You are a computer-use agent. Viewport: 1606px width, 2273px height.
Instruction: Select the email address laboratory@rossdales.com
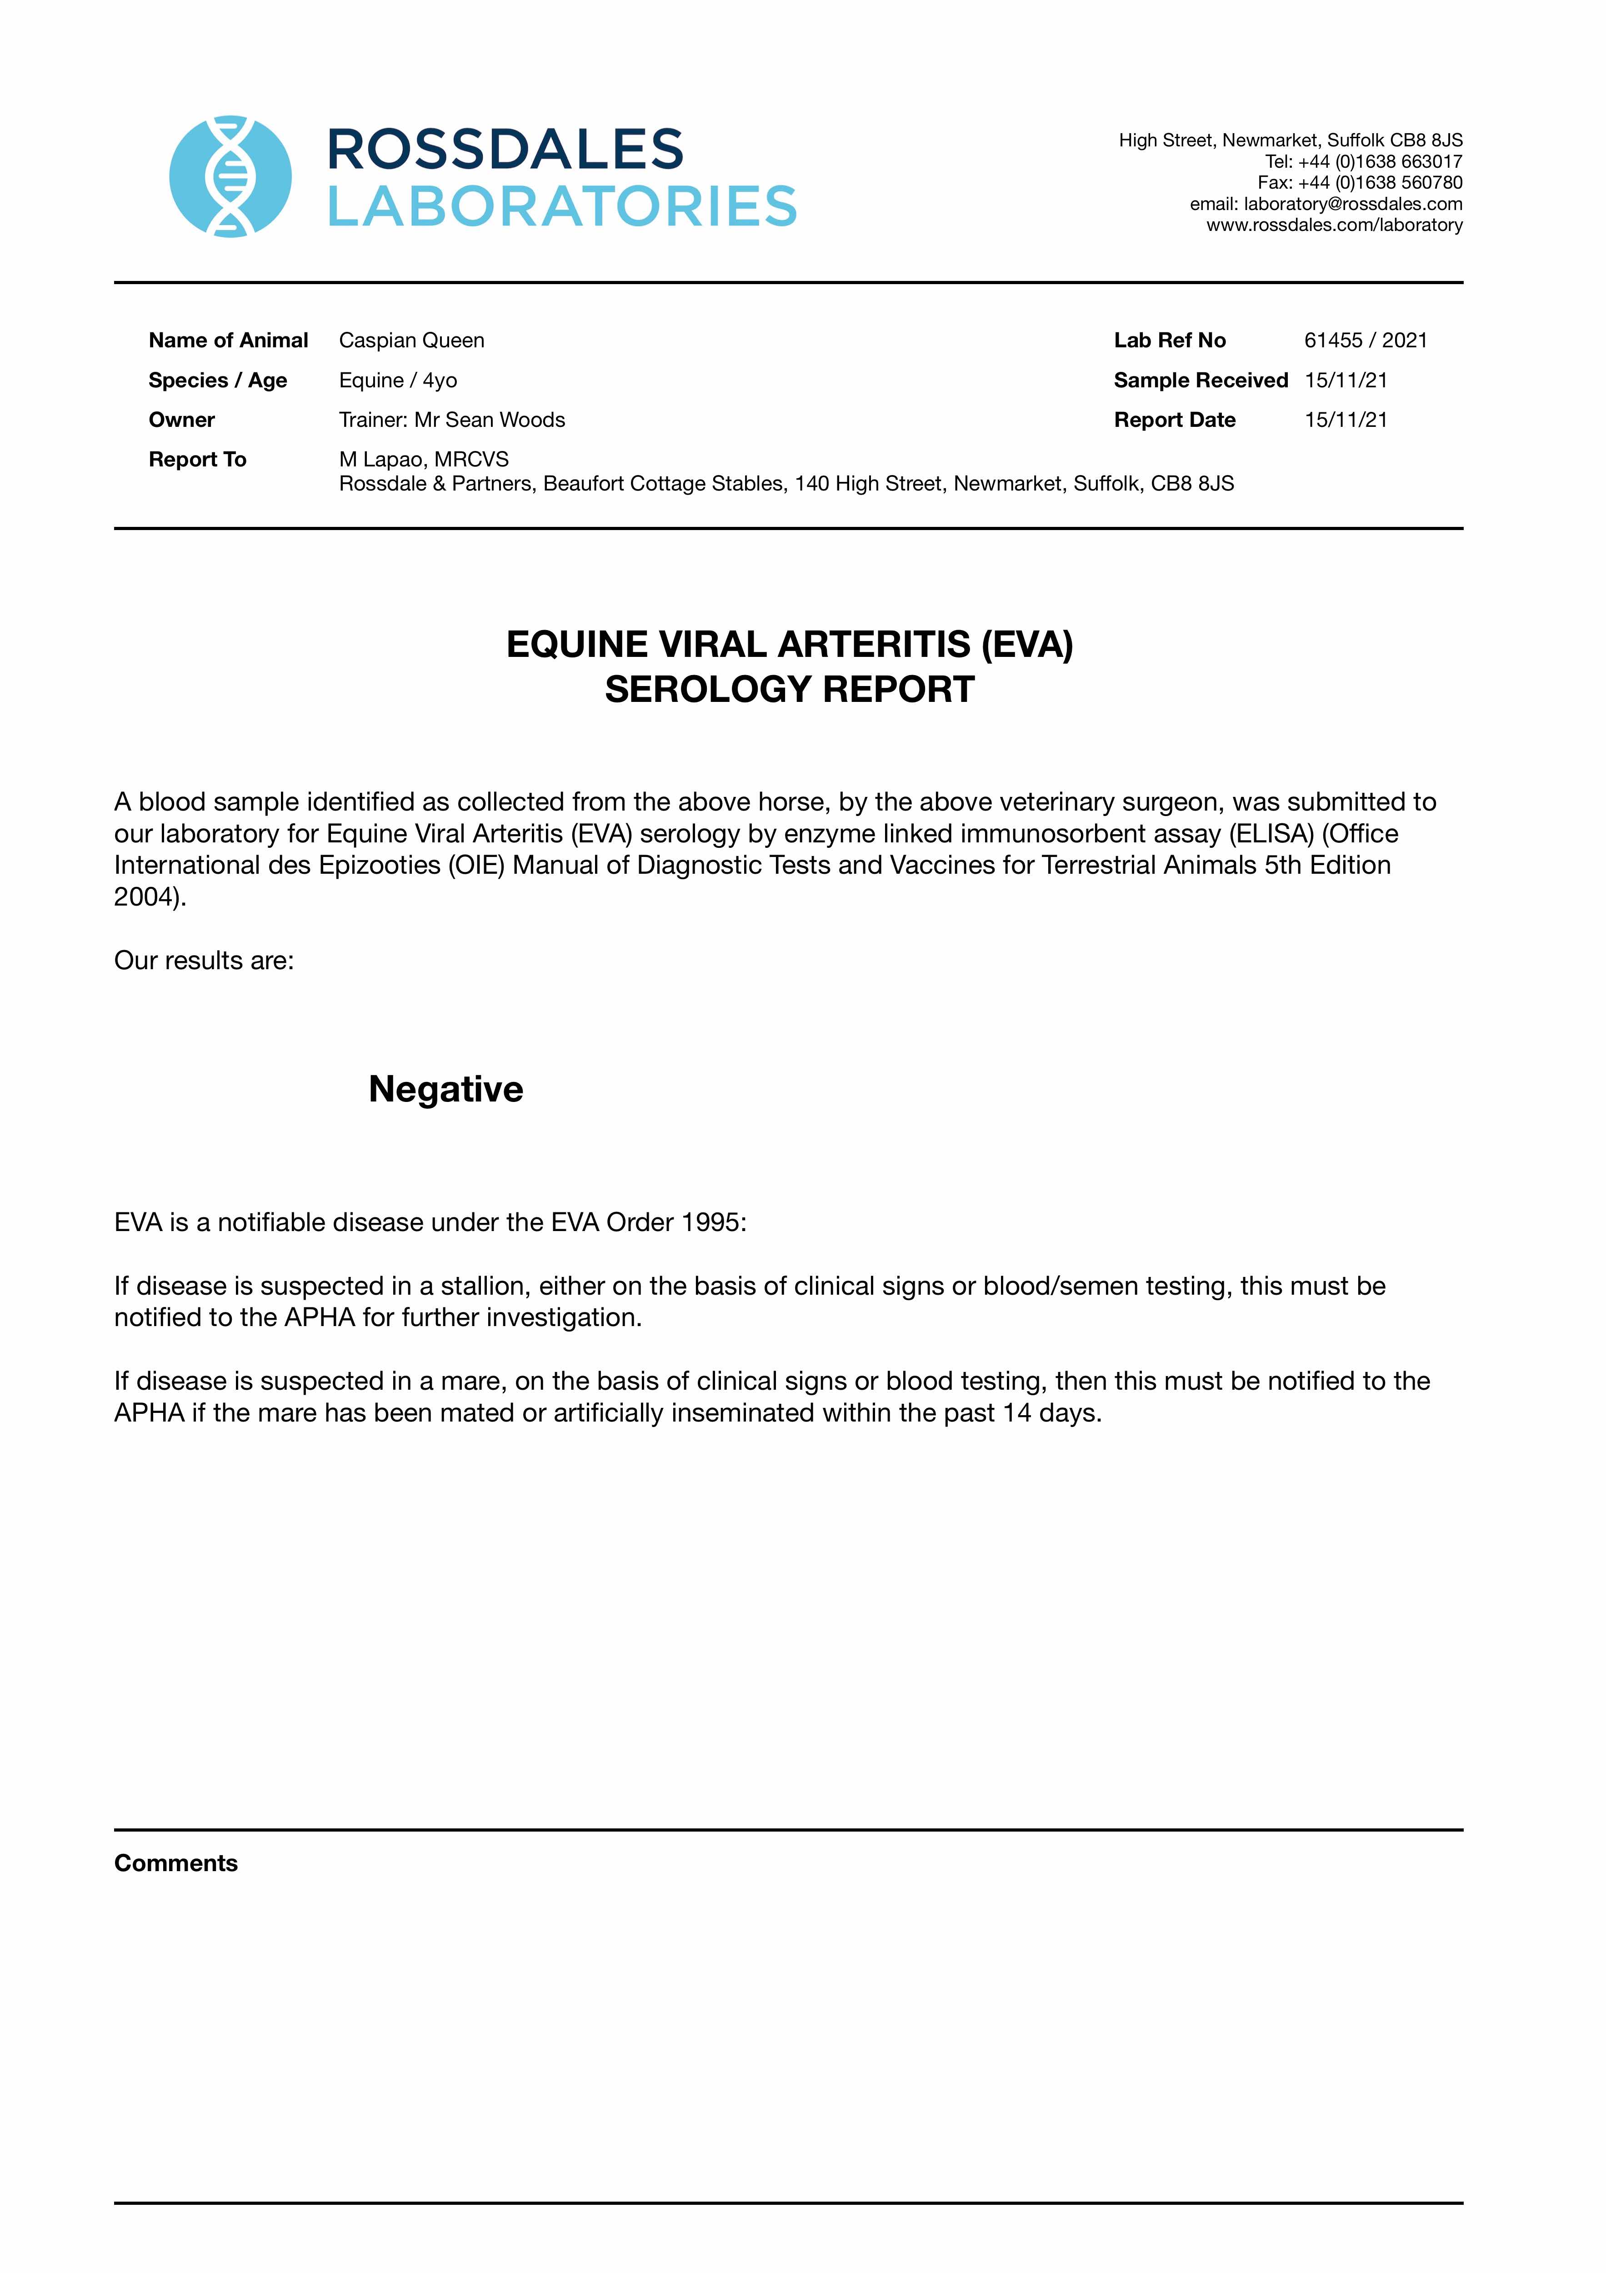(x=1352, y=204)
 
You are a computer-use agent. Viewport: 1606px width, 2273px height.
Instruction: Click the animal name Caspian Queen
(x=412, y=340)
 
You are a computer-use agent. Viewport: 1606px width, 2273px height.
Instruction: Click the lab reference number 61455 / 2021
(x=1366, y=340)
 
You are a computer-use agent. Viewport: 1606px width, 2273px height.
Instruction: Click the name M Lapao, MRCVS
(x=424, y=459)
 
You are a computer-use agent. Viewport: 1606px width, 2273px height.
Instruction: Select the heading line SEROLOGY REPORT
(x=789, y=689)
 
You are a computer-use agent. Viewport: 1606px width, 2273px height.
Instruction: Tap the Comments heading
(x=176, y=1863)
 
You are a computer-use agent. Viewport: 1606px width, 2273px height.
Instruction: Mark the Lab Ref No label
(x=1169, y=340)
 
